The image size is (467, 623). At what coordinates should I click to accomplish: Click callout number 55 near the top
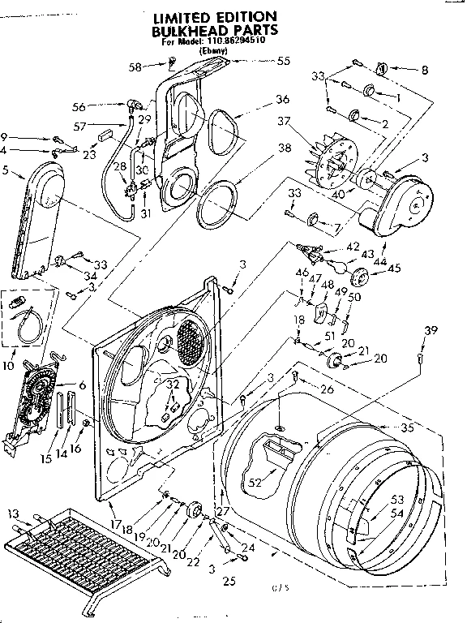pos(284,61)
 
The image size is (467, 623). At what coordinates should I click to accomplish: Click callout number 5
pos(7,171)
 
